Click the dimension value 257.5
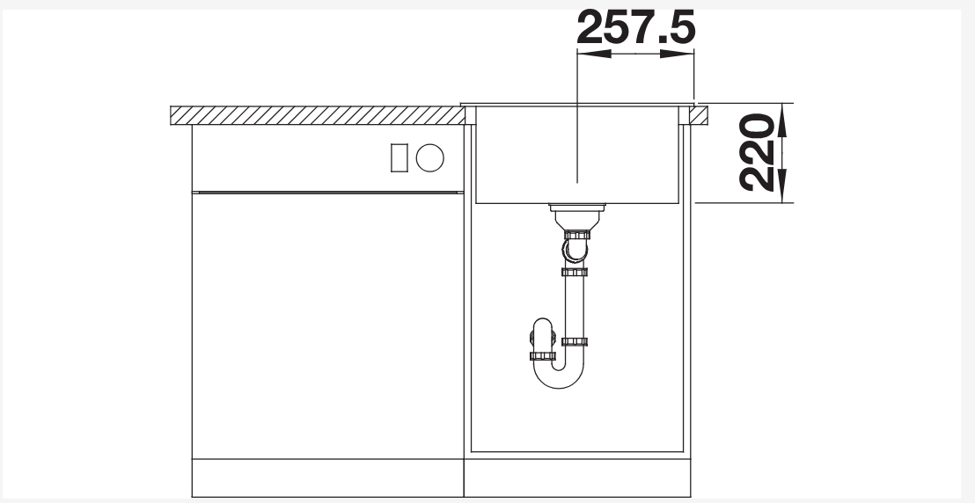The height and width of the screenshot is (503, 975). pos(635,27)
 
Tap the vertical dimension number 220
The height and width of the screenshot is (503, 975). pos(758,152)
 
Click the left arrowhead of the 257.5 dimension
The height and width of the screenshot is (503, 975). pos(595,55)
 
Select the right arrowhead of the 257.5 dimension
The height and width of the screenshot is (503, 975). pos(678,55)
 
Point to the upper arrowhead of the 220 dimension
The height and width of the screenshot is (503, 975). pos(782,120)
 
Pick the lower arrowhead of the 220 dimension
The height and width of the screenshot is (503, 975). pos(782,186)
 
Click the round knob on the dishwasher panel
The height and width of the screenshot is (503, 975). pos(429,158)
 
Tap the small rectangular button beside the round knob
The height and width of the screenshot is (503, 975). pos(400,158)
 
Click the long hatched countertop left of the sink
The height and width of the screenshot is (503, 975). pos(317,116)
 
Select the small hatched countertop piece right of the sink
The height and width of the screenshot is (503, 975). pos(699,116)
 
